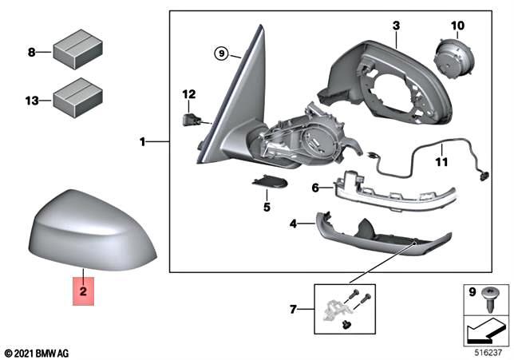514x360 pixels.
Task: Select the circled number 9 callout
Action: tap(223, 54)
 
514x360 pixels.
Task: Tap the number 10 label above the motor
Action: tap(457, 26)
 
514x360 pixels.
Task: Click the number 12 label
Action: tap(188, 94)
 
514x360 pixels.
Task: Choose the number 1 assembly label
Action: tap(143, 143)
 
